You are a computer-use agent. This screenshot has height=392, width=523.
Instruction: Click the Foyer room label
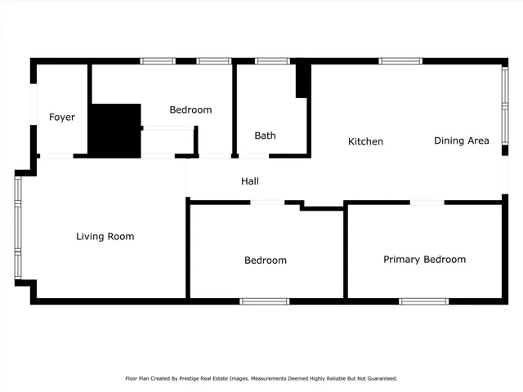[62, 118]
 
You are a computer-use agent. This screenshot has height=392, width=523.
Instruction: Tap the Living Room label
[105, 237]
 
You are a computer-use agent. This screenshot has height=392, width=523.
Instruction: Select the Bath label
[265, 136]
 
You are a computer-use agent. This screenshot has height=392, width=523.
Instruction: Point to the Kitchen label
[365, 142]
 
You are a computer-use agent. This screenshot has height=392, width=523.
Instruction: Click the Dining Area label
[461, 140]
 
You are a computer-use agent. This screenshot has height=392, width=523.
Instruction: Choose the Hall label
[250, 181]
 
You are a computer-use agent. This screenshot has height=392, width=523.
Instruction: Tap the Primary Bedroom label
[424, 260]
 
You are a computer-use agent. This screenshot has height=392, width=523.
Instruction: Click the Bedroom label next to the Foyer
[190, 110]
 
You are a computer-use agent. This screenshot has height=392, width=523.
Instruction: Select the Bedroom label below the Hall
[266, 261]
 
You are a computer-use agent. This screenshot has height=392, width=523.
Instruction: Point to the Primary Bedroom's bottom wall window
[423, 301]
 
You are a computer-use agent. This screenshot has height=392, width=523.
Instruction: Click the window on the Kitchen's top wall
[400, 60]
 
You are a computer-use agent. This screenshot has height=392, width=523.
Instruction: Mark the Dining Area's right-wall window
[505, 99]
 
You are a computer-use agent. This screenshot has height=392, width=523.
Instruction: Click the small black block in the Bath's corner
[302, 80]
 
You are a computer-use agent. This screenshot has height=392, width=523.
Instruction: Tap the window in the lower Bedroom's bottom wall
[264, 301]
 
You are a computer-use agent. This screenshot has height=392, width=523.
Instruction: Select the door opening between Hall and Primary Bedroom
[427, 202]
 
